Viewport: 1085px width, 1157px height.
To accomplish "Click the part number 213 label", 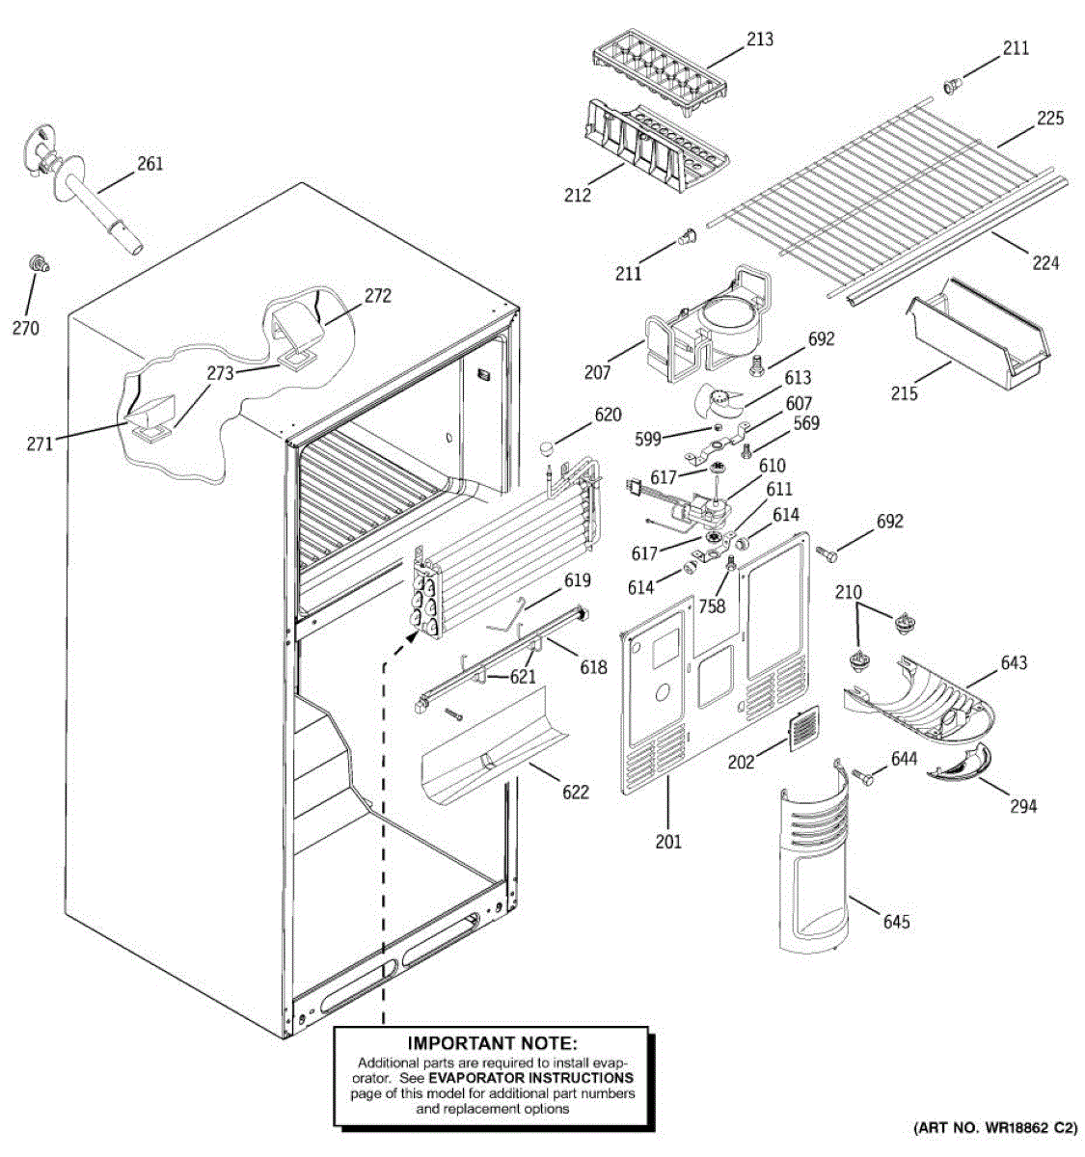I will [759, 40].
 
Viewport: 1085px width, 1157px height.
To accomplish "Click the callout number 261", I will [149, 164].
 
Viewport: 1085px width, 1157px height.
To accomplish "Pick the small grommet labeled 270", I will [39, 262].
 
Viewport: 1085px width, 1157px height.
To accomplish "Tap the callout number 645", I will [896, 922].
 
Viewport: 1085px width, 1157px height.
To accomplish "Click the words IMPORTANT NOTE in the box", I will [491, 1043].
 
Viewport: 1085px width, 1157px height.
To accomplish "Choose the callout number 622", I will [575, 792].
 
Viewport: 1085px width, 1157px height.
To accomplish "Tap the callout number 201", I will [667, 841].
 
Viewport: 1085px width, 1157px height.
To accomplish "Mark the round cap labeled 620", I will [550, 446].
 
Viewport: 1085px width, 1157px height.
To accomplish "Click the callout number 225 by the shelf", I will [1049, 119].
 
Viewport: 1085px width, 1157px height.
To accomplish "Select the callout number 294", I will [1022, 805].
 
